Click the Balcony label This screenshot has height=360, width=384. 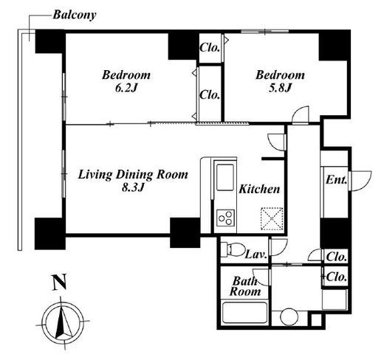click(75, 15)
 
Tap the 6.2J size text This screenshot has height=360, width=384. click(126, 88)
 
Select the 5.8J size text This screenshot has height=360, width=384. click(280, 88)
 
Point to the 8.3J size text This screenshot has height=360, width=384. click(133, 188)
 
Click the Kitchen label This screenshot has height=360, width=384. click(259, 189)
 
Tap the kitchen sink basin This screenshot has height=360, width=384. click(225, 177)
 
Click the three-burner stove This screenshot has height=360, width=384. click(225, 218)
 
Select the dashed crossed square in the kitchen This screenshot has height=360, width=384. click(272, 218)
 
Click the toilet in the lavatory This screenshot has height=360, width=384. click(232, 249)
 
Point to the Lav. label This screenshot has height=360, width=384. click(256, 255)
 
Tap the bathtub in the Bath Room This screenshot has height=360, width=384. click(244, 313)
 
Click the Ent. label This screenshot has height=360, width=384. click(336, 180)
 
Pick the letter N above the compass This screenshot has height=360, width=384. click(60, 282)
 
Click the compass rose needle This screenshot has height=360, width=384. click(62, 320)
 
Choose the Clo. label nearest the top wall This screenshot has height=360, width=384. click(210, 47)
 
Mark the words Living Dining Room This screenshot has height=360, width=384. click(133, 175)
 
